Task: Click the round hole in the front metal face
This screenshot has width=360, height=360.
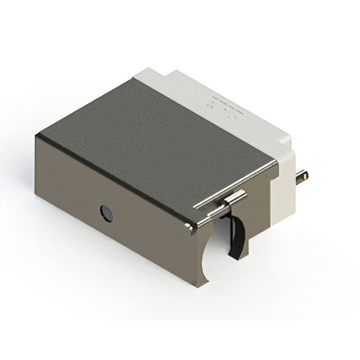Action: click(106, 213)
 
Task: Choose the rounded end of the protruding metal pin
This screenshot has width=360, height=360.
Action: click(306, 175)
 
